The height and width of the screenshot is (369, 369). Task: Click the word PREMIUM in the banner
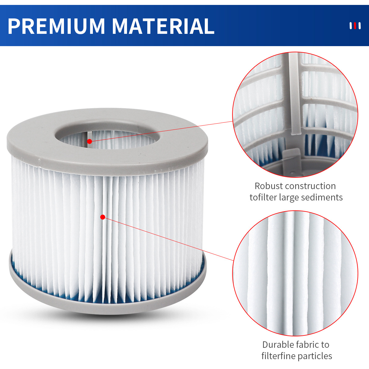tap(56, 26)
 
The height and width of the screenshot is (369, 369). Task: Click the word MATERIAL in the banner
tap(163, 26)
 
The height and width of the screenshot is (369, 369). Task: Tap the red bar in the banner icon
tap(355, 26)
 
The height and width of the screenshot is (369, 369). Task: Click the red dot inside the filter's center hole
tap(89, 141)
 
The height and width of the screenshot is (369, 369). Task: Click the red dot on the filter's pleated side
tap(103, 217)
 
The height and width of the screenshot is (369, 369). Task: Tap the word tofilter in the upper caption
tap(263, 197)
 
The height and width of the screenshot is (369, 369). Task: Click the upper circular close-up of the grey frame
tap(295, 114)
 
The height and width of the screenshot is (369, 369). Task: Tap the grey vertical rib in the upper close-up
tap(295, 94)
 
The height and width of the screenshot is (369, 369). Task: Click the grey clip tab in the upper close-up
tap(291, 161)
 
